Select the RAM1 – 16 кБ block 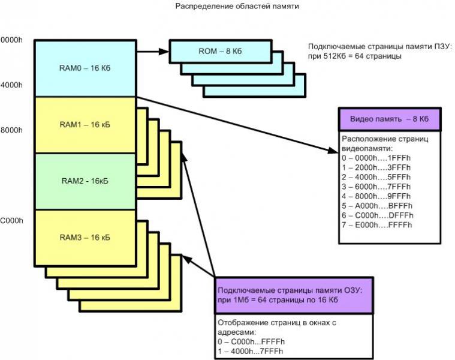coord(85,125)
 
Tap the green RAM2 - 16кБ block coord(85,181)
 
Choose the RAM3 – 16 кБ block coord(85,238)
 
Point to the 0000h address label coord(11,40)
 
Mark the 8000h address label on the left coord(11,130)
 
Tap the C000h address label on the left coord(11,221)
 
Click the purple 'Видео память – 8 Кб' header coord(389,119)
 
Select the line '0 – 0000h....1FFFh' coord(376,158)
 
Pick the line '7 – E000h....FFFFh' coord(376,225)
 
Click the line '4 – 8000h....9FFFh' coord(376,196)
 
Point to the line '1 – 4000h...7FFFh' coord(251,350)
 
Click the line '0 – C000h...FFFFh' coord(251,341)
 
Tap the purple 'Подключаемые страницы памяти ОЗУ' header coord(293,294)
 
